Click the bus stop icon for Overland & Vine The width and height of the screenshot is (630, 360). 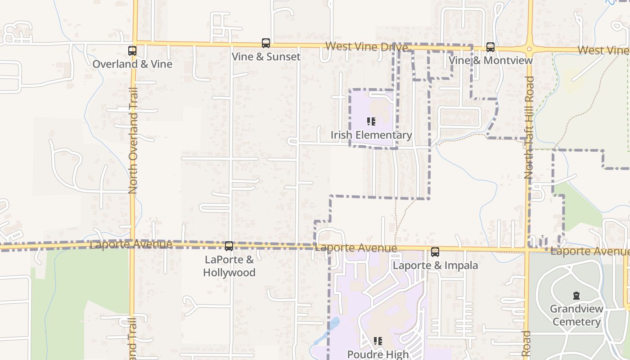(132, 51)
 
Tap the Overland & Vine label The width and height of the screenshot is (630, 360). (132, 64)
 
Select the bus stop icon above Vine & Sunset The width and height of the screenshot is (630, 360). (266, 43)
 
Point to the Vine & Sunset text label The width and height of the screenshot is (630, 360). (266, 57)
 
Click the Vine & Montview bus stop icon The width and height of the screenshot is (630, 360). (490, 47)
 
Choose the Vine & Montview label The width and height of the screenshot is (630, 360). (490, 60)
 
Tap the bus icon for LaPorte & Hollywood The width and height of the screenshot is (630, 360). (229, 246)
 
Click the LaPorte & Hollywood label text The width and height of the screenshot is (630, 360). (229, 266)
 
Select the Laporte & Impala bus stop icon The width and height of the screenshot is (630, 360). (435, 252)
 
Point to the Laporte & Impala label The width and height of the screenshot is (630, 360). (435, 265)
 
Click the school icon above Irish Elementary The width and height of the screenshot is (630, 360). (371, 121)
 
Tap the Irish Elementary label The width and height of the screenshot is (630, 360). (371, 135)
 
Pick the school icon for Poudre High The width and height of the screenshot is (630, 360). (378, 341)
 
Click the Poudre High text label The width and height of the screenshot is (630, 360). (378, 354)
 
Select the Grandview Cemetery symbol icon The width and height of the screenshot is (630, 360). (576, 296)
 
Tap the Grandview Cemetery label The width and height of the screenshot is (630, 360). (576, 315)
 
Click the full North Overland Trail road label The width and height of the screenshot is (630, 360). (133, 140)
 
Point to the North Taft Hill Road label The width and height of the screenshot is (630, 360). (529, 127)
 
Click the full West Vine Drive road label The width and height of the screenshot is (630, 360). (367, 46)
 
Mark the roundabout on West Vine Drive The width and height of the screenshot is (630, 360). (530, 49)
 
